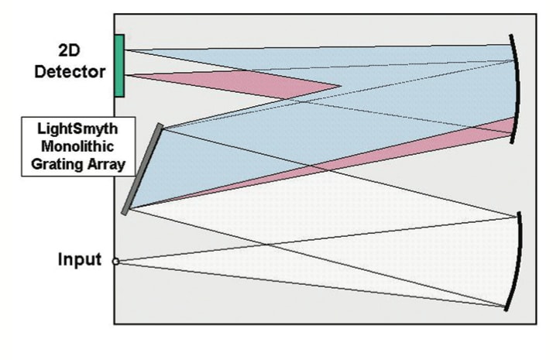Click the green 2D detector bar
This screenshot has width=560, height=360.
tap(119, 66)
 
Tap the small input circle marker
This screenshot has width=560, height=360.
tap(115, 262)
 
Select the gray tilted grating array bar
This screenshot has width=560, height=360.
tap(142, 168)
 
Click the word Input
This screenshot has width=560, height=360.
tap(80, 259)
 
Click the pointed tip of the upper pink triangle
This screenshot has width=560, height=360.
tap(341, 86)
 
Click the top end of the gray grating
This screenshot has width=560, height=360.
tap(160, 125)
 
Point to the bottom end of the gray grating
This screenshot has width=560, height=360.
tap(125, 211)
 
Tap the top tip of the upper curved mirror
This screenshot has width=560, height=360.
tap(510, 35)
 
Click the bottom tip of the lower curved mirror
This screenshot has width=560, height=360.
tap(507, 309)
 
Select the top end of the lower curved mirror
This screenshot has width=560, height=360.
tap(517, 214)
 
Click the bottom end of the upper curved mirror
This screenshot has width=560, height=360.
tap(511, 142)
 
